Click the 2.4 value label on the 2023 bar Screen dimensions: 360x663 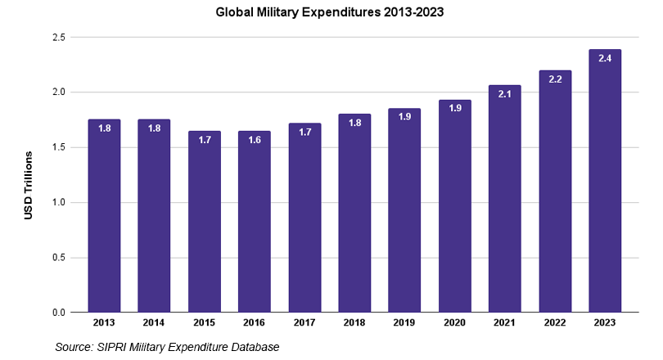click(605, 59)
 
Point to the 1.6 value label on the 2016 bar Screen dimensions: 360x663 click(254, 141)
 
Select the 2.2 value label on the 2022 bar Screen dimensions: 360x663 click(555, 80)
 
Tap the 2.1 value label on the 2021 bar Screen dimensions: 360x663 click(504, 95)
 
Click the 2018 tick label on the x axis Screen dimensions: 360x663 click(354, 324)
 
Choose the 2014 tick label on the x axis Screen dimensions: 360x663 click(154, 324)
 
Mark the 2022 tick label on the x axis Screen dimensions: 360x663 click(555, 324)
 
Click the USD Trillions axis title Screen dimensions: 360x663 click(29, 185)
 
